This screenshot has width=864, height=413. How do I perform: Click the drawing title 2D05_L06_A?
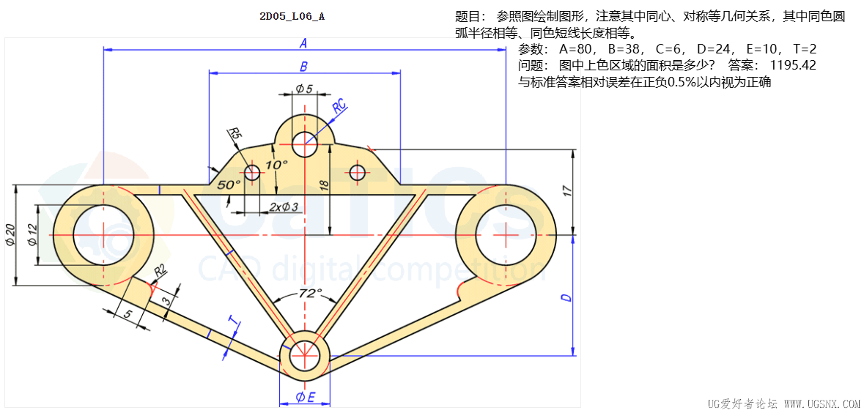pos(292,15)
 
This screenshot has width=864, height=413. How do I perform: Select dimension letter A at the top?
pos(303,43)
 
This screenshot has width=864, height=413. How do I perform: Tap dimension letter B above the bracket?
pos(303,67)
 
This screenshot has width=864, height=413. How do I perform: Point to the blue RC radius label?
pos(340,106)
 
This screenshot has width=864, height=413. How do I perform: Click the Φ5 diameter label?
pos(304,89)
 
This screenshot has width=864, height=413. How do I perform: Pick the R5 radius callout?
pos(234,133)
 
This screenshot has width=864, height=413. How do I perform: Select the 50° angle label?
pos(228,185)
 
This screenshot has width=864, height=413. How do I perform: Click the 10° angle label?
pos(276,165)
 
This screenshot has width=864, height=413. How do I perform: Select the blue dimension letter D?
pos(566,297)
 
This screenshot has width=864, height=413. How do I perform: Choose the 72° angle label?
pos(310,294)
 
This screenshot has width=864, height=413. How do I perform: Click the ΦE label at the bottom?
pos(305,398)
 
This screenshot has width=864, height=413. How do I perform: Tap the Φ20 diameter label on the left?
pos(10,234)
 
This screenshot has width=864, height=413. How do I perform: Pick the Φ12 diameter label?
pos(32,234)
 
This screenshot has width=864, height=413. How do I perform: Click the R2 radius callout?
pos(159,270)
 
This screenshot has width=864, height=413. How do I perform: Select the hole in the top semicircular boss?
pos(304,144)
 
